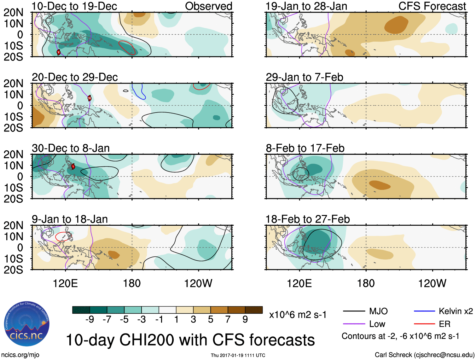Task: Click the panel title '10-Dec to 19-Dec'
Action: [74, 6]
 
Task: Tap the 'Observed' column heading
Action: [208, 6]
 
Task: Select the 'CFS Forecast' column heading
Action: [432, 6]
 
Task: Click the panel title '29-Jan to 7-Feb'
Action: [304, 77]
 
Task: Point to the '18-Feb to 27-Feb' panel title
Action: [307, 219]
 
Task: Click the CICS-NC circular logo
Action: [27, 324]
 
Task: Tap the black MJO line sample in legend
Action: [354, 311]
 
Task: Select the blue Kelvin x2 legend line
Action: [424, 311]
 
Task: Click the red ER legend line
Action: [424, 324]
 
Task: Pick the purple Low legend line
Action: [354, 324]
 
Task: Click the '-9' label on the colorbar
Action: [90, 320]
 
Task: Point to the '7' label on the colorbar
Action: [228, 320]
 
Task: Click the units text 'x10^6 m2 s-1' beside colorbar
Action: [298, 315]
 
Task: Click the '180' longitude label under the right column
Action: [366, 283]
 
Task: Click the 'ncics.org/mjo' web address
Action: [20, 355]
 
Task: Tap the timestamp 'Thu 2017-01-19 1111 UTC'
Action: [238, 355]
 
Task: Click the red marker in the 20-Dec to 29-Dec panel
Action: [90, 98]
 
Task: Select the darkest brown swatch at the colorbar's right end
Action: [254, 310]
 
